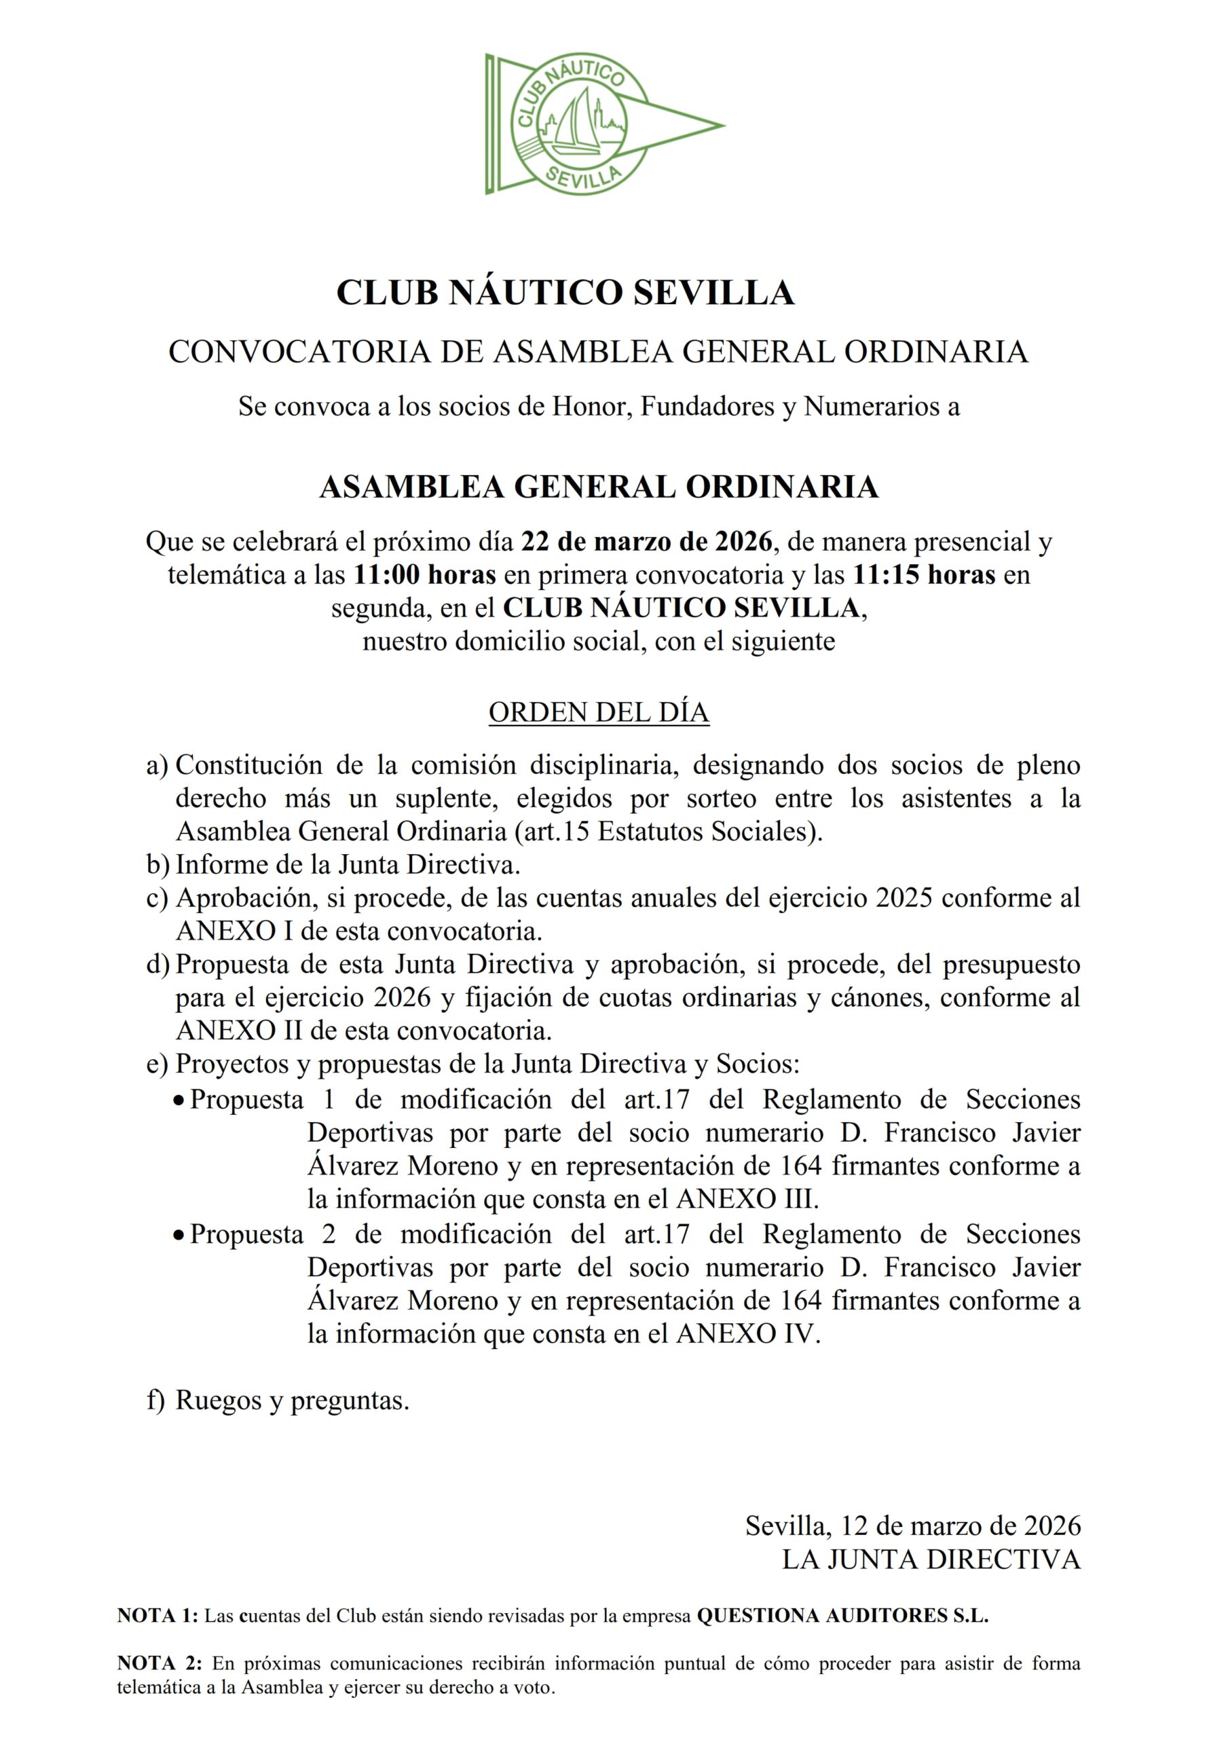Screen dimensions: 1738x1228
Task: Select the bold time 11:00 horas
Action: pos(425,575)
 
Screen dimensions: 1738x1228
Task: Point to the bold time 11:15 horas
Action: pos(924,575)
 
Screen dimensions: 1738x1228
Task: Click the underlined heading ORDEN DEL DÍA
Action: pos(599,712)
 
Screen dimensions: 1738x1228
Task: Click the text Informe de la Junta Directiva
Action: pos(348,864)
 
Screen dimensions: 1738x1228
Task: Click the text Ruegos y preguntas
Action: pos(293,1401)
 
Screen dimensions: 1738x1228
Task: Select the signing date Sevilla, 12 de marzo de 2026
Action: pos(913,1526)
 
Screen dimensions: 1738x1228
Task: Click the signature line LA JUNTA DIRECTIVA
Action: pos(931,1559)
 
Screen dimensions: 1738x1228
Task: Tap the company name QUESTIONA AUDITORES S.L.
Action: pos(842,1616)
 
